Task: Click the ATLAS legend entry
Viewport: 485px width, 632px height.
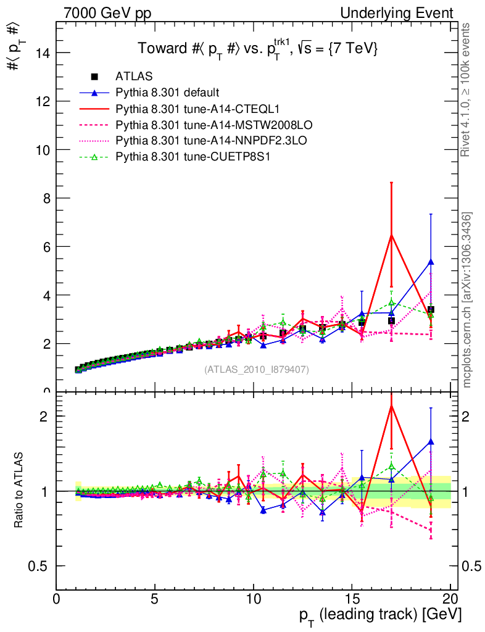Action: (130, 77)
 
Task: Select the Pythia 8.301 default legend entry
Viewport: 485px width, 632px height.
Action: (167, 93)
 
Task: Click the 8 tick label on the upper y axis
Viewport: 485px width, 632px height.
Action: (46, 198)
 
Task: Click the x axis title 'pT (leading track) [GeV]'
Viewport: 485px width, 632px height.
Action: (380, 616)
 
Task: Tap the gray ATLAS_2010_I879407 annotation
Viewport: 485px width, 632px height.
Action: (257, 370)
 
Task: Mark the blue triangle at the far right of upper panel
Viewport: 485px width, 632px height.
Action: (431, 262)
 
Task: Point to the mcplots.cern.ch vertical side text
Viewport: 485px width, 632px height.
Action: (467, 299)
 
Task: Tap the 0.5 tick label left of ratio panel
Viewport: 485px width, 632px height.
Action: (42, 566)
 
